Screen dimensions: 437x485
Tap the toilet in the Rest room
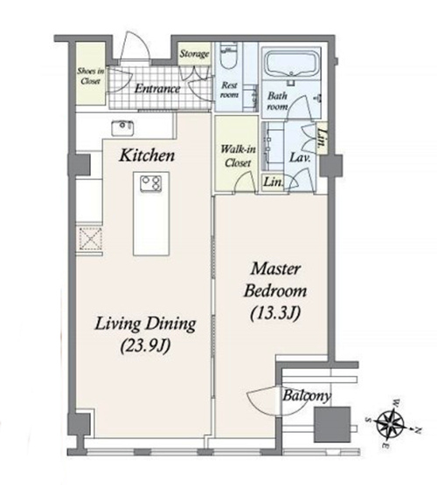(229, 58)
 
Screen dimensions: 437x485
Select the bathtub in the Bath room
(291, 65)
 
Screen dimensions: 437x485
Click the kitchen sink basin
(122, 128)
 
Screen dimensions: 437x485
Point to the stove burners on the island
(151, 183)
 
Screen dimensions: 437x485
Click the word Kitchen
(147, 155)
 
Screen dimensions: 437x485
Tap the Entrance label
(157, 89)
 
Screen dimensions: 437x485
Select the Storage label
(194, 54)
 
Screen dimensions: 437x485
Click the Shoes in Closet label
(91, 76)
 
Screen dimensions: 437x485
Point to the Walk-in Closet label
(238, 156)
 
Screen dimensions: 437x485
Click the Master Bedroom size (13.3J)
(275, 314)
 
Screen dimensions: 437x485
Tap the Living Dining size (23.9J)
(145, 345)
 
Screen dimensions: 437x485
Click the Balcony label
(307, 396)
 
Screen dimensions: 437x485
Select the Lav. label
(300, 158)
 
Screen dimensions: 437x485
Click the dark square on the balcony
(332, 425)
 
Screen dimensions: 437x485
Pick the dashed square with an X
(91, 238)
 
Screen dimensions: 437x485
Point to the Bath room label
(277, 101)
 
